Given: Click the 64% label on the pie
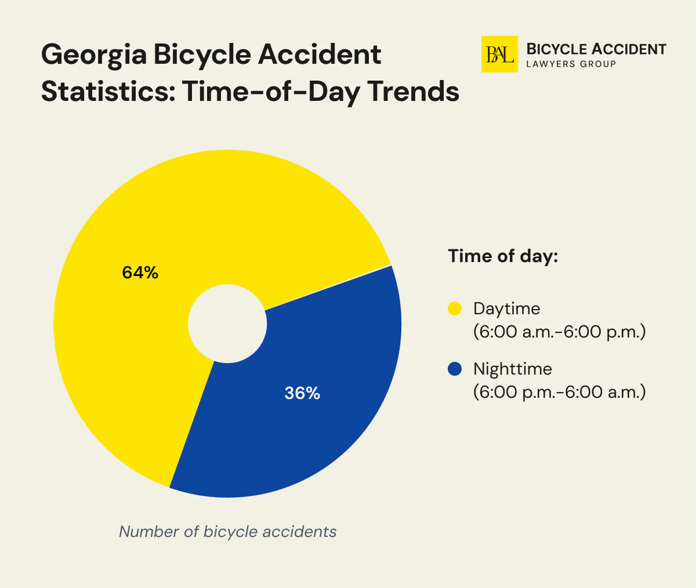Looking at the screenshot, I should click(x=140, y=273).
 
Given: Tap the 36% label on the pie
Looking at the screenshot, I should click(x=302, y=393).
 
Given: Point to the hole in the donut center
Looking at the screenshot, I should click(x=227, y=324).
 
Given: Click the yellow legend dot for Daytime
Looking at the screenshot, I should click(x=455, y=308).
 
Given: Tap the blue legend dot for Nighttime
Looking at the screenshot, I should click(x=455, y=369).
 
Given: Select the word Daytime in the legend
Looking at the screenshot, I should click(x=506, y=308).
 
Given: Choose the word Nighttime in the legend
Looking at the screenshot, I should click(x=512, y=369).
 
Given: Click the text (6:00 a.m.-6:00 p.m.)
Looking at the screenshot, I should click(x=559, y=332).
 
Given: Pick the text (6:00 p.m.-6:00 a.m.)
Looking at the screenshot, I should click(x=559, y=393).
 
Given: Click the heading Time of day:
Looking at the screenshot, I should click(x=503, y=256).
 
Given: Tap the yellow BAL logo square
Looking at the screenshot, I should click(x=499, y=55).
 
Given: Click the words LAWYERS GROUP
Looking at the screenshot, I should click(x=571, y=64).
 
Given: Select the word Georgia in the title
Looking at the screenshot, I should click(x=93, y=56).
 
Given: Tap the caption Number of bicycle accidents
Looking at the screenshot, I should click(x=227, y=531).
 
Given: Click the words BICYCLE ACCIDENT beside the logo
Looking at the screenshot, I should click(x=596, y=49).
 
